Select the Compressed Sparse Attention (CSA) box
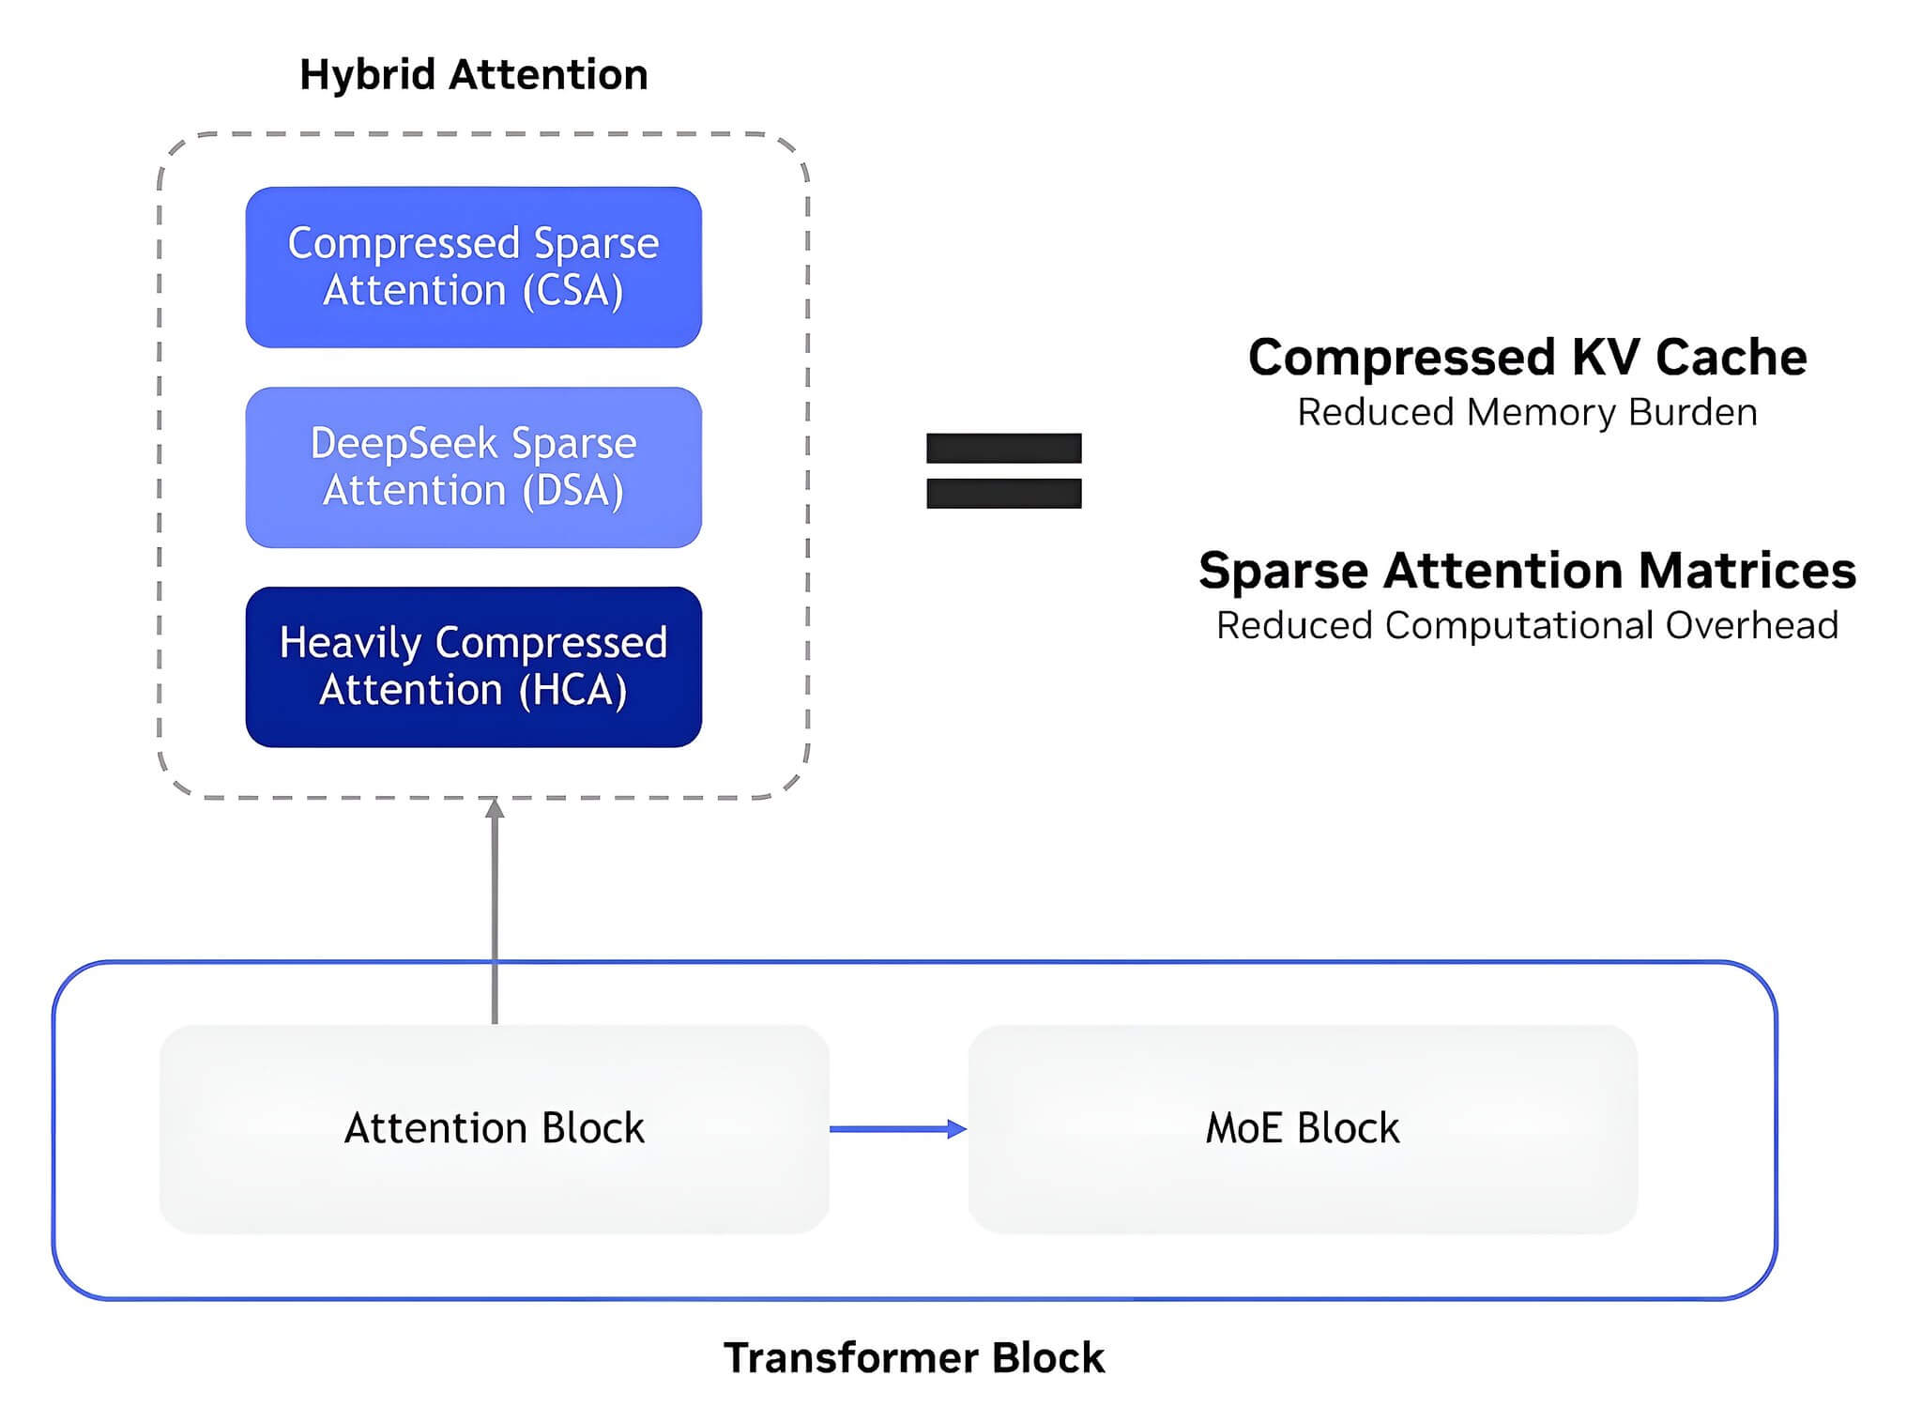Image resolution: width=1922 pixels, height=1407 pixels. point(474,268)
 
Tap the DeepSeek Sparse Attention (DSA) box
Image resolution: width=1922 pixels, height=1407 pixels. point(474,467)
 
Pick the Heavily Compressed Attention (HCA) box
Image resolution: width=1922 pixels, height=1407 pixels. point(474,667)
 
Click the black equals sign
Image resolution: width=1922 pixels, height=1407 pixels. point(1004,470)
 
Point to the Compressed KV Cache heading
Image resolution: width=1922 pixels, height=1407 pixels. point(1528,358)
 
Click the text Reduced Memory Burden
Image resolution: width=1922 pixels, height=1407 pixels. point(1528,413)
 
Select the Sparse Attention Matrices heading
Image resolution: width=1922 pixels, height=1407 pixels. point(1528,571)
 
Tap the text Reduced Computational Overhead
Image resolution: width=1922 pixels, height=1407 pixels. point(1528,626)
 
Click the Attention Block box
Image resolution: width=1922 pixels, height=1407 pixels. point(495,1129)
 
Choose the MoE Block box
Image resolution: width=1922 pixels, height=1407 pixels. point(1303,1129)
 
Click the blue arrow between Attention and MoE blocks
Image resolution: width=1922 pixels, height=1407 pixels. point(898,1129)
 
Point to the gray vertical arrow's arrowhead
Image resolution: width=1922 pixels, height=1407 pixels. point(495,807)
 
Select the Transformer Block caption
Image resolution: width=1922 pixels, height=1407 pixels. point(914,1358)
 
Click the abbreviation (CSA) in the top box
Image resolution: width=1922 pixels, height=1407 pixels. point(573,291)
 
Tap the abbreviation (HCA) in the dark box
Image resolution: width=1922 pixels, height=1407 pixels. point(573,691)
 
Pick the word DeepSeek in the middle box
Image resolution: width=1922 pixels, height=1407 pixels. point(404,444)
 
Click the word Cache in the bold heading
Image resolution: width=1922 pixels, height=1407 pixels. point(1731,358)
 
